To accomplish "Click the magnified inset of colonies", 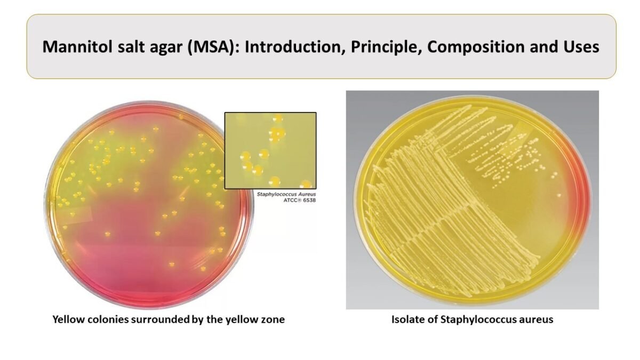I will coord(270,150).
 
